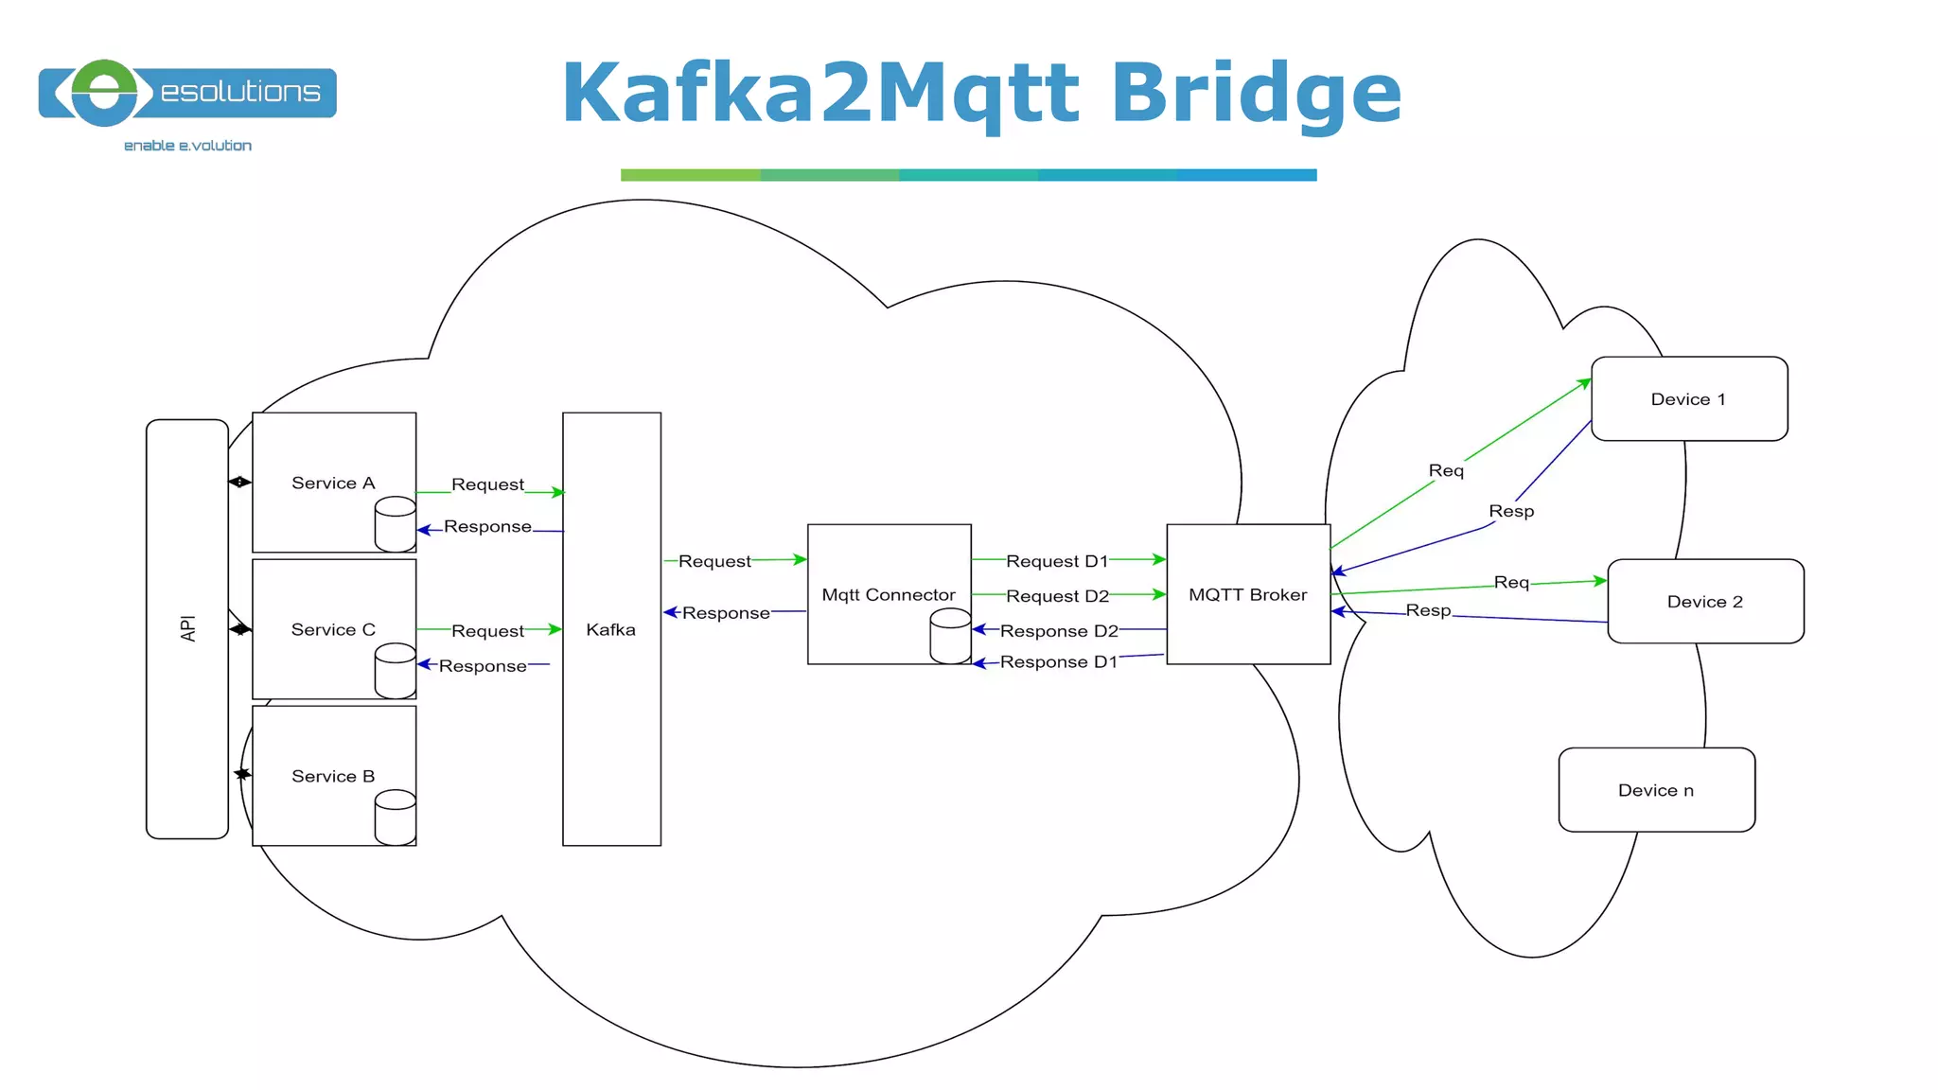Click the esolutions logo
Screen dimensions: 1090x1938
[187, 93]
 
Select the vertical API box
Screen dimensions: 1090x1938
[187, 628]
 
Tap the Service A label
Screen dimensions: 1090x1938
[333, 483]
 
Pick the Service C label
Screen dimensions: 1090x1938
[333, 629]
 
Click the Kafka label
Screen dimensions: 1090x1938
[610, 629]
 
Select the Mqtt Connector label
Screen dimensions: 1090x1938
[888, 594]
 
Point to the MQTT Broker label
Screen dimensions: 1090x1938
[1247, 594]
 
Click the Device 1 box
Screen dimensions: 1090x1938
[1689, 398]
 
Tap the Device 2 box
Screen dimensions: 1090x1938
[1705, 601]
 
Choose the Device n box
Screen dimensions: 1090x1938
[1656, 789]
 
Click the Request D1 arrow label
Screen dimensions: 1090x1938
[1056, 561]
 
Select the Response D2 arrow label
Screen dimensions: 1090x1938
[1059, 631]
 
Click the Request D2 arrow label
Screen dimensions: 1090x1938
[1057, 596]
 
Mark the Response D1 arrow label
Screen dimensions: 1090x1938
[1058, 662]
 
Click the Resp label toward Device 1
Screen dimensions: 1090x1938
[1511, 511]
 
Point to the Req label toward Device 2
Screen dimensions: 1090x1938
[1511, 582]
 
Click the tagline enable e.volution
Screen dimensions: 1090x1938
[187, 146]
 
